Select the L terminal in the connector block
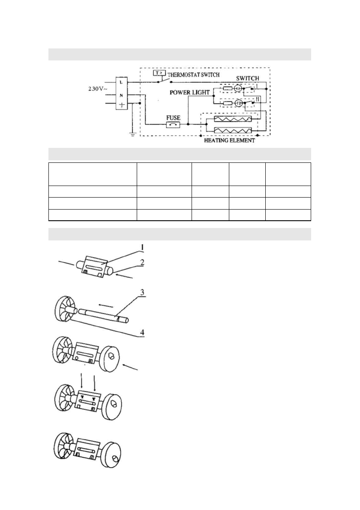coord(123,81)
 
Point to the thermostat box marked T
coord(157,73)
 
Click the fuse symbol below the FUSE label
coord(173,125)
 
